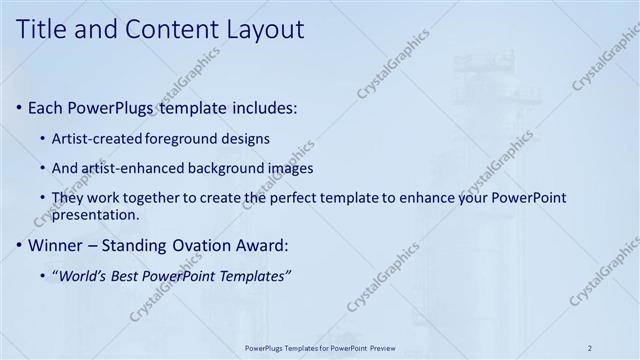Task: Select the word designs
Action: [246, 138]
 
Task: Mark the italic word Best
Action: [133, 275]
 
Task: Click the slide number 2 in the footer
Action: [589, 347]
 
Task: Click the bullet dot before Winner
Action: [21, 245]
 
